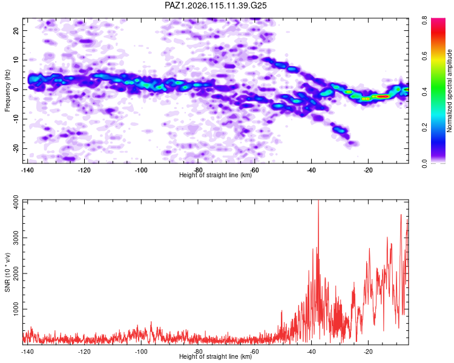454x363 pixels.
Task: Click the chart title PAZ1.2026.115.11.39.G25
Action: pyautogui.click(x=215, y=5)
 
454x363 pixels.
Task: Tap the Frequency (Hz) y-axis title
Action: pyautogui.click(x=7, y=91)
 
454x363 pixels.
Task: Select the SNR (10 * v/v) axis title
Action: pyautogui.click(x=7, y=272)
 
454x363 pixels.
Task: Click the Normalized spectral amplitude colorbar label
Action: pyautogui.click(x=449, y=91)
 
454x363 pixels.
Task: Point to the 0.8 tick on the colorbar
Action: pyautogui.click(x=424, y=21)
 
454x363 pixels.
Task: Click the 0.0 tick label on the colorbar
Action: pyautogui.click(x=424, y=163)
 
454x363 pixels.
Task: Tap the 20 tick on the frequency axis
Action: pyautogui.click(x=16, y=30)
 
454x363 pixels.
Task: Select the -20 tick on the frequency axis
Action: pyautogui.click(x=16, y=148)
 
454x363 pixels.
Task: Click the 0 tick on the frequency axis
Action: pyautogui.click(x=16, y=90)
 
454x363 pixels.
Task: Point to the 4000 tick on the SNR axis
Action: pyautogui.click(x=16, y=202)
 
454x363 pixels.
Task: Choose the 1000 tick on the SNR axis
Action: pyautogui.click(x=16, y=309)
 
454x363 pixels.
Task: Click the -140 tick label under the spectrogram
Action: pyautogui.click(x=27, y=170)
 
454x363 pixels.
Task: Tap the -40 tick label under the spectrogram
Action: pyautogui.click(x=311, y=170)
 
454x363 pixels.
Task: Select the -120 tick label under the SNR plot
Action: pyautogui.click(x=84, y=352)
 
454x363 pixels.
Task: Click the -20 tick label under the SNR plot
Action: pyautogui.click(x=368, y=352)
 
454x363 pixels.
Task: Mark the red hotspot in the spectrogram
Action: pyautogui.click(x=382, y=96)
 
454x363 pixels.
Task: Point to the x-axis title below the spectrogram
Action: pyautogui.click(x=215, y=175)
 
